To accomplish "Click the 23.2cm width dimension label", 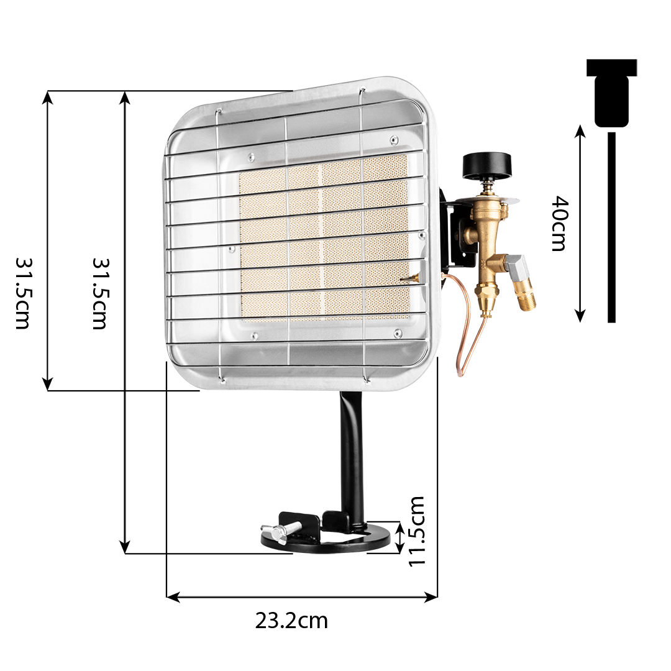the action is tap(291, 621).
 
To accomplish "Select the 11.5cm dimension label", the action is tap(416, 531).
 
